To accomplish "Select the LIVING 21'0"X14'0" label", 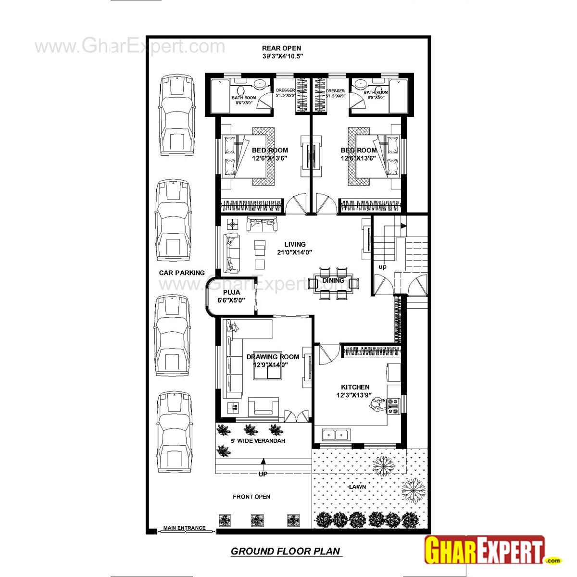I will pyautogui.click(x=295, y=248).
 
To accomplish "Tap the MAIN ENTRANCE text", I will pyautogui.click(x=184, y=528).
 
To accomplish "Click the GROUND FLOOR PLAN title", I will pyautogui.click(x=285, y=551).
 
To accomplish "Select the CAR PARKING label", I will pyautogui.click(x=182, y=273).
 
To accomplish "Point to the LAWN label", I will pyautogui.click(x=357, y=487).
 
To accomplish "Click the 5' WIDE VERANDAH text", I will pyautogui.click(x=258, y=441).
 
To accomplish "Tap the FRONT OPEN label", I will pyautogui.click(x=251, y=497).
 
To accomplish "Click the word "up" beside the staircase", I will pyautogui.click(x=382, y=267).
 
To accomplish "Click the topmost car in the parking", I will pyautogui.click(x=177, y=115).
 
